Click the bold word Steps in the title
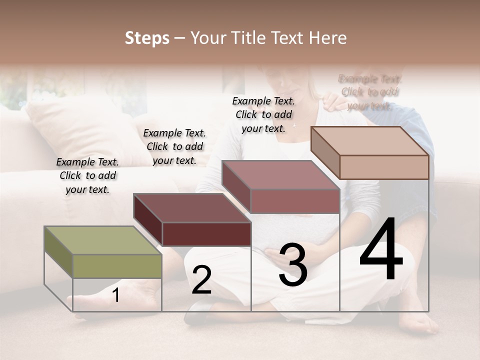coord(147,38)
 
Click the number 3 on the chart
coord(293,265)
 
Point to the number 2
coord(201,280)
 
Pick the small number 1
coord(116,295)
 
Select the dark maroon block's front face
coord(206,234)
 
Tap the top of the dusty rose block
coord(280,175)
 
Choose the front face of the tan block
coord(384,167)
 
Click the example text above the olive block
coord(87,175)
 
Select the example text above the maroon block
coord(174,146)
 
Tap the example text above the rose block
coord(263,114)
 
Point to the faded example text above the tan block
coord(369,92)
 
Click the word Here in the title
coord(328,38)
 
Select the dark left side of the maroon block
coord(148,220)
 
